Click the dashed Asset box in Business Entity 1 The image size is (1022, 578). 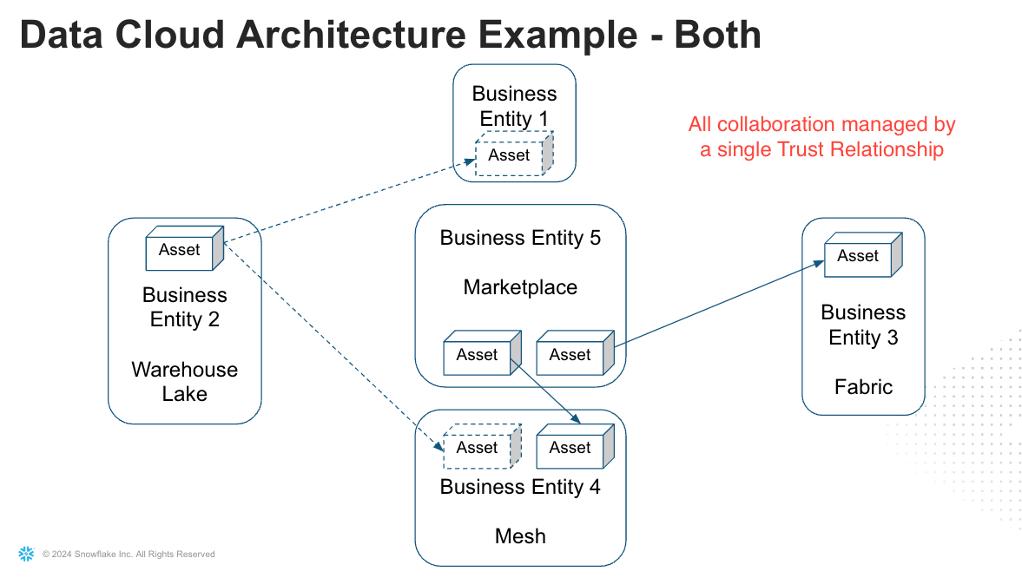(509, 155)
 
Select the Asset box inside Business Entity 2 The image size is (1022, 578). (180, 250)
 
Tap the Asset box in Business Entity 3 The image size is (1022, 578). (858, 256)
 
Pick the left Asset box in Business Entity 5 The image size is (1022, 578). (477, 355)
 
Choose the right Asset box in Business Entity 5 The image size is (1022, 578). (570, 355)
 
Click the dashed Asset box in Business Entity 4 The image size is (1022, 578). (477, 448)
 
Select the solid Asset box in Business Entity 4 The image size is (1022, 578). (570, 448)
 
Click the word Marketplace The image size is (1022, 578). (520, 287)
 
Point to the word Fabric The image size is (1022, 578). (863, 387)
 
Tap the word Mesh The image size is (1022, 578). (520, 535)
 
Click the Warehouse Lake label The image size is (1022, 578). (184, 382)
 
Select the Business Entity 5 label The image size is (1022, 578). (520, 238)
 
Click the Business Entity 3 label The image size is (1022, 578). (863, 325)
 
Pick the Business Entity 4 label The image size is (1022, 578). (520, 487)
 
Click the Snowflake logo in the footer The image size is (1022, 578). (26, 554)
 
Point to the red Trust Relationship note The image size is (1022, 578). (821, 137)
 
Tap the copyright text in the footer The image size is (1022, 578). (129, 555)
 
